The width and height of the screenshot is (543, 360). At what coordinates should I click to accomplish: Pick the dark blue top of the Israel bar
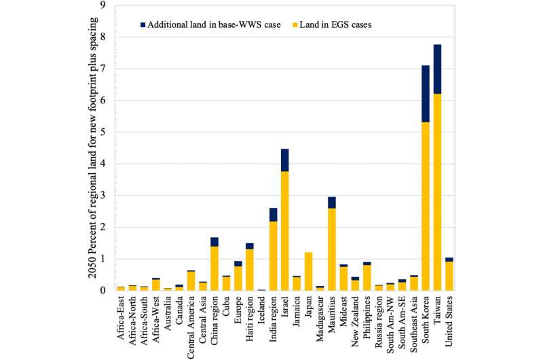tap(284, 160)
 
